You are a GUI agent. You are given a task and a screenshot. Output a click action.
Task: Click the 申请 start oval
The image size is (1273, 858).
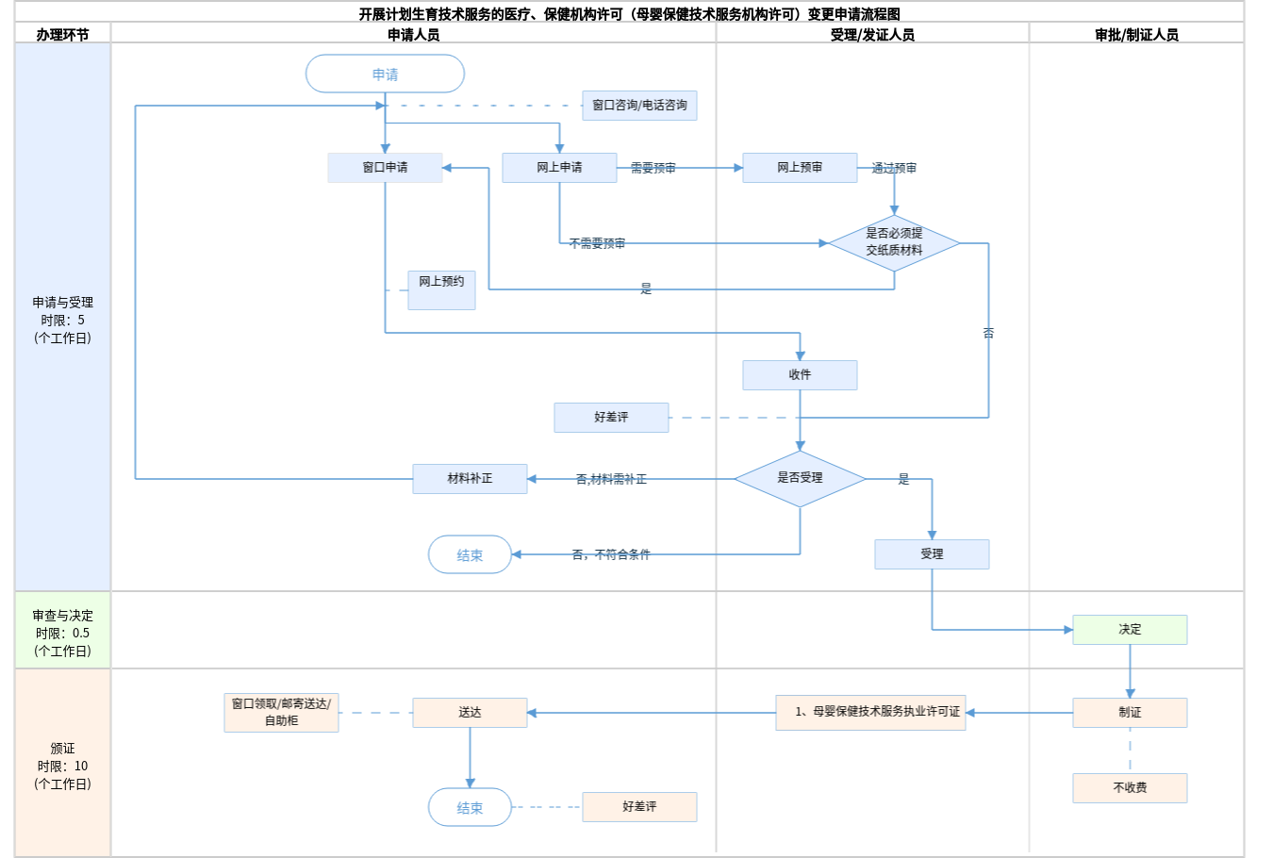pos(385,74)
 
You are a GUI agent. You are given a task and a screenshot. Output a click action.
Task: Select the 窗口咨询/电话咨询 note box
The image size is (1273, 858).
pos(639,106)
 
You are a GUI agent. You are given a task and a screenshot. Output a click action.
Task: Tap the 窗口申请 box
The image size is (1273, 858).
pos(385,168)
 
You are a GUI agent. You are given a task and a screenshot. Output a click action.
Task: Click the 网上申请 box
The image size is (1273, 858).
pos(559,168)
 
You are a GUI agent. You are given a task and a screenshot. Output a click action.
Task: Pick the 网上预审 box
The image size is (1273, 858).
pos(800,168)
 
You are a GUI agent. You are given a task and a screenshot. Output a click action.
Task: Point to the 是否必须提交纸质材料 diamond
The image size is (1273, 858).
pos(894,242)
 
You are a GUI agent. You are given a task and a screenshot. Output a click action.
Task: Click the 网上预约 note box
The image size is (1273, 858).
pos(441,289)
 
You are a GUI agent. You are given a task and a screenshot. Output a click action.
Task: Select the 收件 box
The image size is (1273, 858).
pos(800,375)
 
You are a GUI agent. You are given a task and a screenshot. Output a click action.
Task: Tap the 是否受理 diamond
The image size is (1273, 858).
pos(800,478)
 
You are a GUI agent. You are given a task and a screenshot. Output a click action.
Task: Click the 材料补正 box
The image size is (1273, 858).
pos(470,479)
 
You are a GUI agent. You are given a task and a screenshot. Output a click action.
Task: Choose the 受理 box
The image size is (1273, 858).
pos(932,554)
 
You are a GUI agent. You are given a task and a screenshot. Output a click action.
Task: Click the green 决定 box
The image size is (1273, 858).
pos(1130,630)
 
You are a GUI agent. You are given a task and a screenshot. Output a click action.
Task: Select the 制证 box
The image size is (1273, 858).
pos(1130,713)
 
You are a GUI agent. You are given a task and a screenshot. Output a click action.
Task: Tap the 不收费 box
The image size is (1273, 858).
pos(1130,788)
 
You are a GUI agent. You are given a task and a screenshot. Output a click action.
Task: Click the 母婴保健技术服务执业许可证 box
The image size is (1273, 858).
pos(870,713)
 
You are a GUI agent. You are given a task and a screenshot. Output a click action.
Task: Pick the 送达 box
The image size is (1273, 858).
pos(470,713)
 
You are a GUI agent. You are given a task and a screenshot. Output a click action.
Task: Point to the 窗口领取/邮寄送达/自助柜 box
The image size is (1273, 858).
pos(281,713)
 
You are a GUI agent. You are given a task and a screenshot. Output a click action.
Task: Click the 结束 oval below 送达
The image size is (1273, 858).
pos(470,807)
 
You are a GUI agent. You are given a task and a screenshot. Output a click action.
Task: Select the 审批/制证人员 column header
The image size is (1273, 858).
pos(1136,34)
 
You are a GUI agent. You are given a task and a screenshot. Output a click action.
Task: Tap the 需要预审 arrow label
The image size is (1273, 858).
pos(653,168)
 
